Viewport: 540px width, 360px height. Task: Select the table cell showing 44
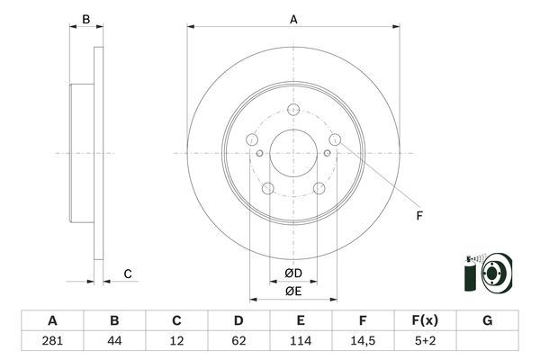pos(114,341)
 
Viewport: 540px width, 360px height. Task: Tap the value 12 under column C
pos(176,341)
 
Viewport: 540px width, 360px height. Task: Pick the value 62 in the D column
pos(238,341)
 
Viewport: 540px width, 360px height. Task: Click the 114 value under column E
pos(301,341)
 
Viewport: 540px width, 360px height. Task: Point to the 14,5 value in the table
pos(363,341)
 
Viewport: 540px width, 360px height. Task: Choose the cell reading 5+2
pos(425,341)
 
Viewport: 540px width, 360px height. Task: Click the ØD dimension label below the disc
pos(293,273)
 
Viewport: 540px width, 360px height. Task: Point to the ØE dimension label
pos(293,290)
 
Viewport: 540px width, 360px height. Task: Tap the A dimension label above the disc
pos(293,18)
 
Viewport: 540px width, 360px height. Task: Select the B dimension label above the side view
pos(86,19)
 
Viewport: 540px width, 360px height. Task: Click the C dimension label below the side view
pos(128,274)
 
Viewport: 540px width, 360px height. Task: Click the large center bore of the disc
pos(292,152)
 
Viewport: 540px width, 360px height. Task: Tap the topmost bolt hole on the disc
pos(292,110)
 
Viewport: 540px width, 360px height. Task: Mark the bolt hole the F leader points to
pos(335,139)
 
